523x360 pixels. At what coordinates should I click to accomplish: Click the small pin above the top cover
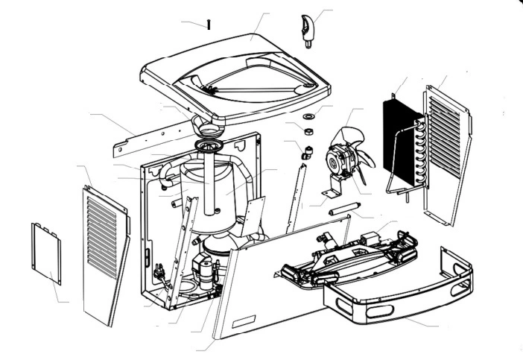tap(209, 25)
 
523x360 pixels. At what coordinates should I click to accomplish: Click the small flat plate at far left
tap(45, 253)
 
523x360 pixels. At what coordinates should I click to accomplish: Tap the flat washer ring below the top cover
tap(308, 117)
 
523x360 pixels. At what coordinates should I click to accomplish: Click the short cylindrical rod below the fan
tap(344, 208)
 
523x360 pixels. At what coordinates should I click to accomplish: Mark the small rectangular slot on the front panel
tap(243, 320)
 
